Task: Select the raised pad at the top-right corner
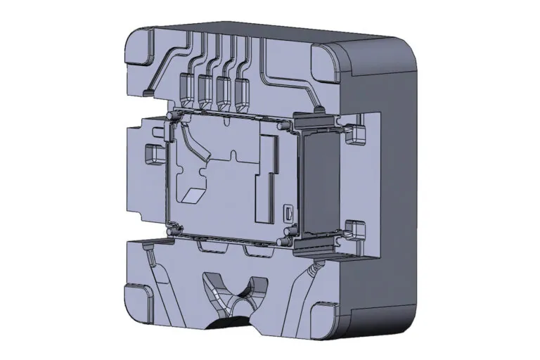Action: point(328,62)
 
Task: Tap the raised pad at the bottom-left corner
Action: point(138,297)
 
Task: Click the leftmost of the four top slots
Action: point(188,85)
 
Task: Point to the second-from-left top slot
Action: point(206,87)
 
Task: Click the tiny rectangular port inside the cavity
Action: point(288,212)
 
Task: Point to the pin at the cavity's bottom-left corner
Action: point(170,227)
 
